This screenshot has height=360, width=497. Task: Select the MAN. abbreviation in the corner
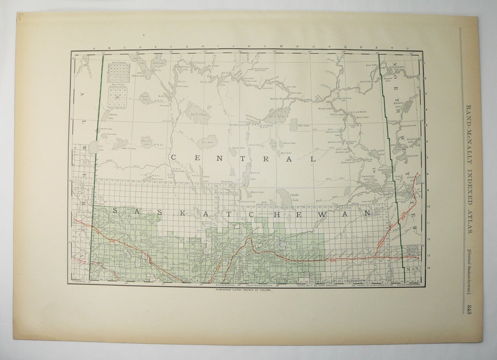click(412, 268)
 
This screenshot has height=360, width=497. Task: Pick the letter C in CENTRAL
click(174, 158)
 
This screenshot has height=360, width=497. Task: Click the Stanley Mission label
click(278, 98)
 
